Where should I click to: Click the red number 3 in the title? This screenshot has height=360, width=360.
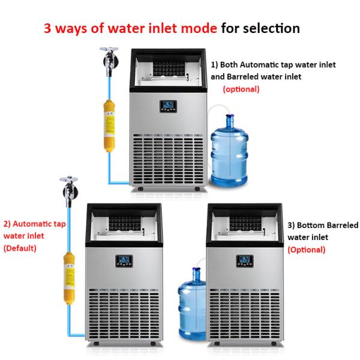(x=48, y=28)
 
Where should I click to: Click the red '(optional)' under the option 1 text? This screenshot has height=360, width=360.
(x=241, y=89)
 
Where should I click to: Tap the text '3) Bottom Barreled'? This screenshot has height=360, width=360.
(x=323, y=226)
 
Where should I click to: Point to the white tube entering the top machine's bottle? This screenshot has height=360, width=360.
(x=216, y=108)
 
